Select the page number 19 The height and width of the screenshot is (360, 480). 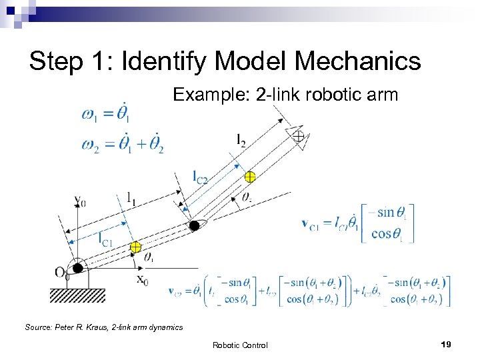(446, 344)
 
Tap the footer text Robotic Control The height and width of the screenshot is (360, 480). (240, 345)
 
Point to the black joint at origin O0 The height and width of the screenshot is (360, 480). (78, 268)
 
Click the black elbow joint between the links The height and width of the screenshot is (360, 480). (194, 226)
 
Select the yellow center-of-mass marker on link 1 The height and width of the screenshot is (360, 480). (135, 247)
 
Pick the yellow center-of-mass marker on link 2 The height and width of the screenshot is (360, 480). (249, 177)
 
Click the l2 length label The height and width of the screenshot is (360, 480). (241, 140)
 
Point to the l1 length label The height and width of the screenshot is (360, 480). (132, 197)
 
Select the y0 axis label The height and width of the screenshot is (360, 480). (79, 199)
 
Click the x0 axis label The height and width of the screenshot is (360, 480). (143, 281)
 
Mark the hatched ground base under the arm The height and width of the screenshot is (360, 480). (77, 294)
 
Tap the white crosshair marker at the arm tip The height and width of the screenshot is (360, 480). (298, 136)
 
